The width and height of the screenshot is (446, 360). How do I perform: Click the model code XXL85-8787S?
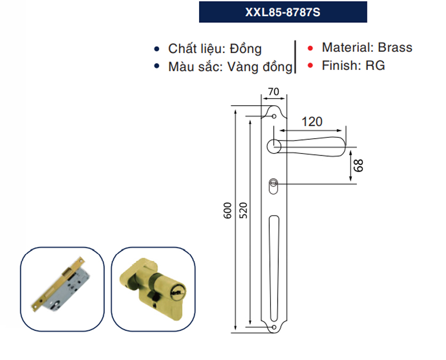coord(283,12)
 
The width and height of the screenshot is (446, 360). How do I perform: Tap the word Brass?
coord(395,47)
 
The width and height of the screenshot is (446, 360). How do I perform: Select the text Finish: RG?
coord(353,66)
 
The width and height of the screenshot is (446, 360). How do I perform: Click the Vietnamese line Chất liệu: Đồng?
coord(215,49)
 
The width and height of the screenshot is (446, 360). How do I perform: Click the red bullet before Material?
coord(310,48)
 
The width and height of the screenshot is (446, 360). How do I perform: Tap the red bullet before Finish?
coord(310,66)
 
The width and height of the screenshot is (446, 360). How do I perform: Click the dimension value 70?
coord(273,92)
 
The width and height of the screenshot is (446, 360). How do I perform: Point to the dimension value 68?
coord(358,165)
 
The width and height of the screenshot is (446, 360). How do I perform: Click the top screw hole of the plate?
coord(274,116)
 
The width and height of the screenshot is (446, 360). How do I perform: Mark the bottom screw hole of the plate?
coord(273,327)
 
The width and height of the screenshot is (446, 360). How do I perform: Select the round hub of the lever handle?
coord(274,147)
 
